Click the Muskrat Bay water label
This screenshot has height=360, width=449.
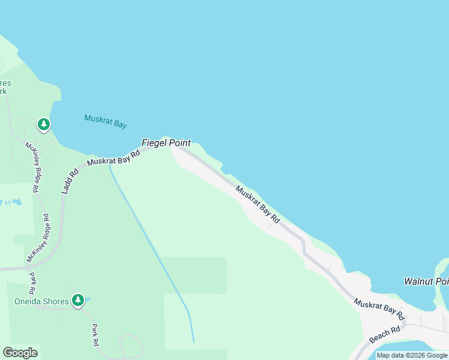106,121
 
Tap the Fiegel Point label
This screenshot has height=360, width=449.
166,143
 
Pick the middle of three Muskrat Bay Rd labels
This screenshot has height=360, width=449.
258,205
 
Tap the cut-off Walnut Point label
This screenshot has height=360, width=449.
426,281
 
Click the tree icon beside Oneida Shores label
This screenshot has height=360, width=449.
77,300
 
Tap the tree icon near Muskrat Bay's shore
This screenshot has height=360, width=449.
43,125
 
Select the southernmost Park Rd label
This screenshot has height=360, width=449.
94,335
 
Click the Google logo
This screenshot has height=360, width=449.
20,353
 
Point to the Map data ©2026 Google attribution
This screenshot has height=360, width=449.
412,355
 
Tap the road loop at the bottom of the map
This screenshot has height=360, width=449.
130,347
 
